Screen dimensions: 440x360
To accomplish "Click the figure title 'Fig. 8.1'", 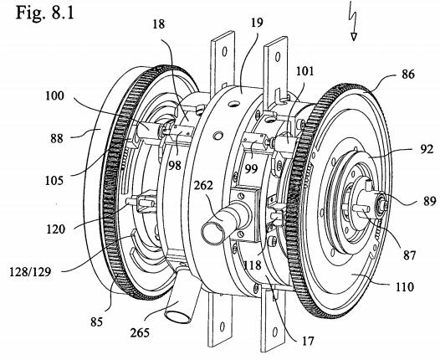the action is tap(44, 13).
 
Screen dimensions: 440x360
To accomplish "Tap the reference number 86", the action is tap(407, 75).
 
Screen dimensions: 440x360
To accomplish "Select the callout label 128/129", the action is tap(30, 272).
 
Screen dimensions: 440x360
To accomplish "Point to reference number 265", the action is tap(140, 332).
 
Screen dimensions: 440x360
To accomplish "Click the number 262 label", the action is tap(203, 186).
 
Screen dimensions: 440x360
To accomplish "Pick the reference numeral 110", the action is tap(405, 287).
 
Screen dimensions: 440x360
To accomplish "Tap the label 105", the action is tap(54, 181).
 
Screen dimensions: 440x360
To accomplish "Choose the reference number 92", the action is tap(427, 150).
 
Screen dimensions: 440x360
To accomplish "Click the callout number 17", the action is tap(308, 341).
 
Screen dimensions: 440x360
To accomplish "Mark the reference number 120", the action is tap(55, 229).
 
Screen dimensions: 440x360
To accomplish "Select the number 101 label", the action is tap(305, 71).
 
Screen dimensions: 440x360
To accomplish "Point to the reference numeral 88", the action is tap(56, 138).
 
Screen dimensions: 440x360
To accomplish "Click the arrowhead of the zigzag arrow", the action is tap(354, 37).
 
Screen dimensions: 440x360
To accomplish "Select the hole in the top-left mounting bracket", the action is tap(224, 51).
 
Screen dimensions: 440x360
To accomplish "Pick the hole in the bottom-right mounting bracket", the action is tap(275, 332).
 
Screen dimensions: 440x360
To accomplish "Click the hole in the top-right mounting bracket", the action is tap(278, 57).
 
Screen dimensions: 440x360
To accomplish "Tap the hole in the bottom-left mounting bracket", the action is tap(222, 327).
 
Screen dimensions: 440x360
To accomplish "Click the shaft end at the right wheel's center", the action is tap(381, 203).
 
